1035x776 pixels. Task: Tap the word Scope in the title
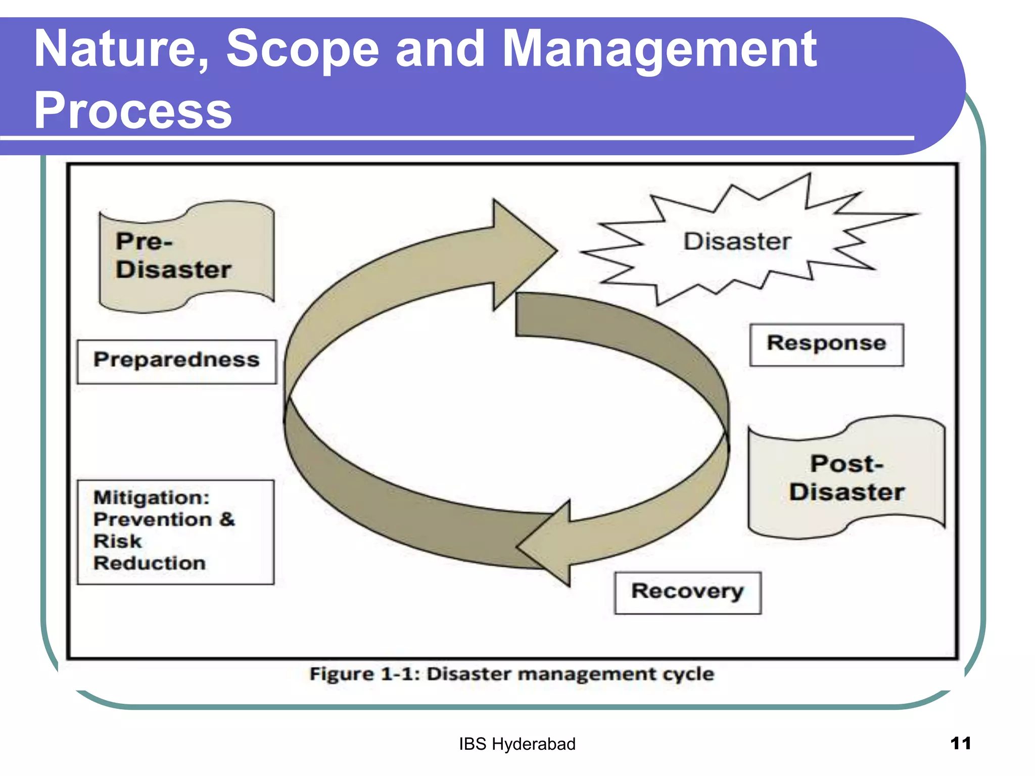(x=302, y=49)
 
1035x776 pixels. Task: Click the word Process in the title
(x=132, y=111)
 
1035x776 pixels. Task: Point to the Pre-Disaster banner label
(x=173, y=256)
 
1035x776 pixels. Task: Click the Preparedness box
(x=176, y=361)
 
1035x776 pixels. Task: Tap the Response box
(x=826, y=344)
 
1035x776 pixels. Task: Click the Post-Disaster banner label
(x=846, y=478)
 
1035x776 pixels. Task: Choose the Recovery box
(x=687, y=592)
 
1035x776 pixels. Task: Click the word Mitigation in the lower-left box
(x=151, y=498)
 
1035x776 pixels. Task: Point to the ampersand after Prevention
(x=227, y=519)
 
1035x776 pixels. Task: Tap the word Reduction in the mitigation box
(x=150, y=563)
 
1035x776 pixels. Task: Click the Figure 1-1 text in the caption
(x=364, y=674)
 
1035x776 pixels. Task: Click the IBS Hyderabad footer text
(x=517, y=744)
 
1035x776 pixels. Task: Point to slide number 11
(x=960, y=743)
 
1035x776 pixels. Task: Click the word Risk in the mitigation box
(x=117, y=542)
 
